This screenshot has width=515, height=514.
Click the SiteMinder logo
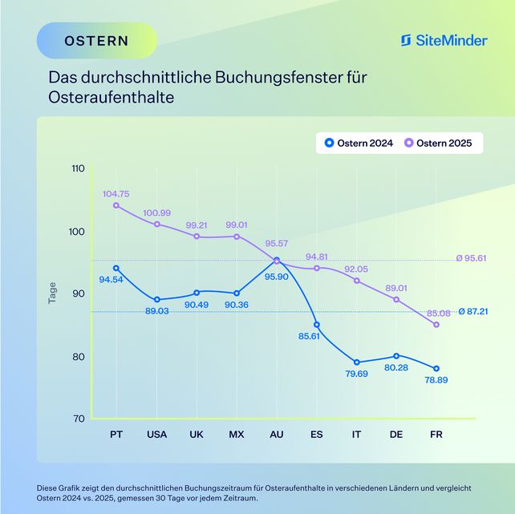point(444,40)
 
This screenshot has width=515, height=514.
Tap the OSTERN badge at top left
point(96,40)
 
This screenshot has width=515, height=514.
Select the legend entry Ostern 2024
point(359,144)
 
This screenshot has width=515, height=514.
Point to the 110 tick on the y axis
point(78,169)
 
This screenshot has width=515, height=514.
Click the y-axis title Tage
point(53,293)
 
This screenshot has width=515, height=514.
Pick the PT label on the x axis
point(116,435)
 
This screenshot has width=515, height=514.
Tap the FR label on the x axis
point(436,435)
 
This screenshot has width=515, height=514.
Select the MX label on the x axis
point(236,435)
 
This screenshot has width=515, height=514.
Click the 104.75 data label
point(116,194)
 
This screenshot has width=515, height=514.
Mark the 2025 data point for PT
point(116,205)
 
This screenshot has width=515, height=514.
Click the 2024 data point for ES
point(317,325)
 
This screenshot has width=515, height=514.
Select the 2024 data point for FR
point(436,369)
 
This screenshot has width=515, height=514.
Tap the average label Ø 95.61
point(472,259)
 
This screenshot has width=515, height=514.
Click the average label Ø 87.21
point(472,310)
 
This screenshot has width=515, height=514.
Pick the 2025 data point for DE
point(396,300)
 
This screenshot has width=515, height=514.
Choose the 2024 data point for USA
point(157,300)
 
